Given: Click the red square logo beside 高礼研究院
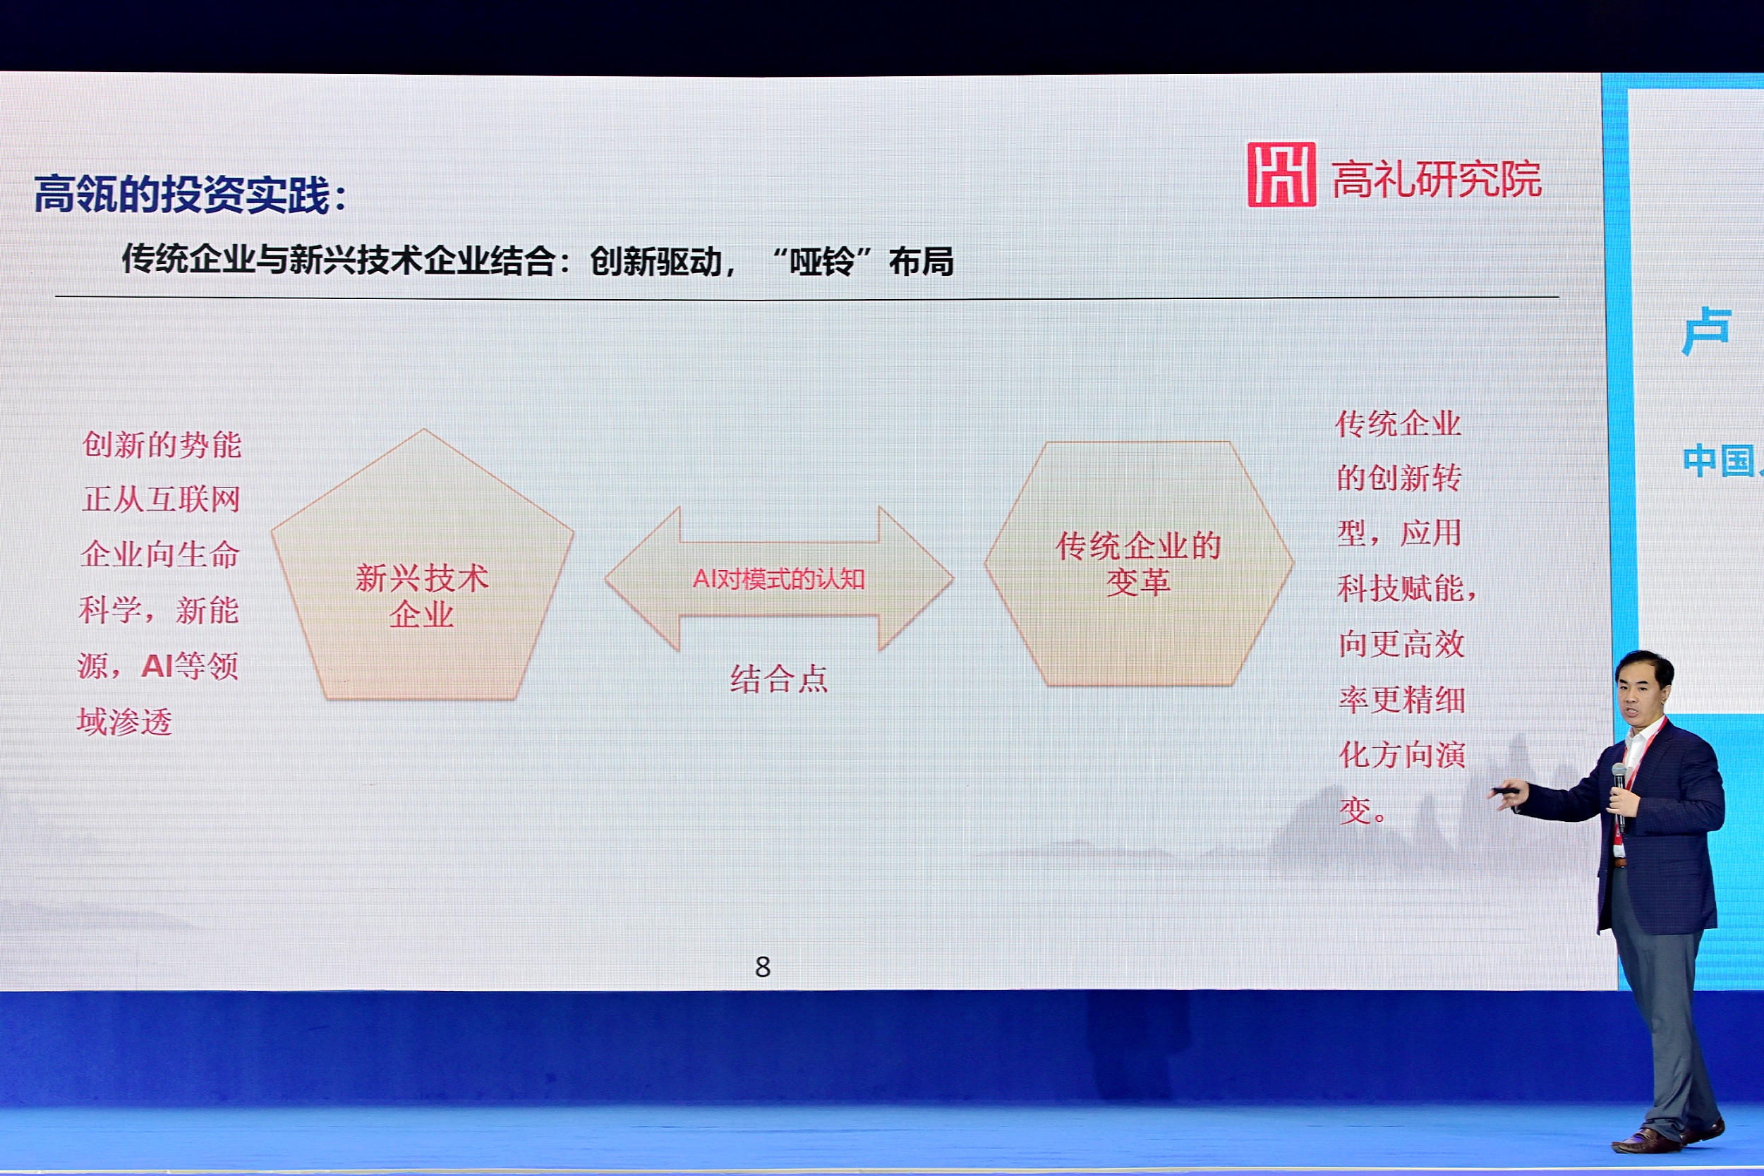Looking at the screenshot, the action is (x=1281, y=174).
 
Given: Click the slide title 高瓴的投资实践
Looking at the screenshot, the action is (x=182, y=195).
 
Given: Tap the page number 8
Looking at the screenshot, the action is (x=763, y=966).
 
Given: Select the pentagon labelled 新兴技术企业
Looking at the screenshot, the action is (x=423, y=564).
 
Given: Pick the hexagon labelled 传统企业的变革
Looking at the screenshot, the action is (x=1139, y=563).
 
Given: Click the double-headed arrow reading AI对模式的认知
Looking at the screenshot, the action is (x=778, y=578).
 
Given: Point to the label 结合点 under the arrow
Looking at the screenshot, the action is (x=778, y=679).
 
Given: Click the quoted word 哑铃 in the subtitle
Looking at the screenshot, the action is (x=822, y=262).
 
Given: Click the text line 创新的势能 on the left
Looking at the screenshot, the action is (x=162, y=444).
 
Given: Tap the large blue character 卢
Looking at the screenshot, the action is (x=1706, y=330).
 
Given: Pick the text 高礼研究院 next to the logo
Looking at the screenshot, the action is (x=1437, y=179).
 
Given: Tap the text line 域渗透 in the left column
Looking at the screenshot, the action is (x=124, y=722).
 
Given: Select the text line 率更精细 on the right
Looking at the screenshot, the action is (x=1402, y=699).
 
